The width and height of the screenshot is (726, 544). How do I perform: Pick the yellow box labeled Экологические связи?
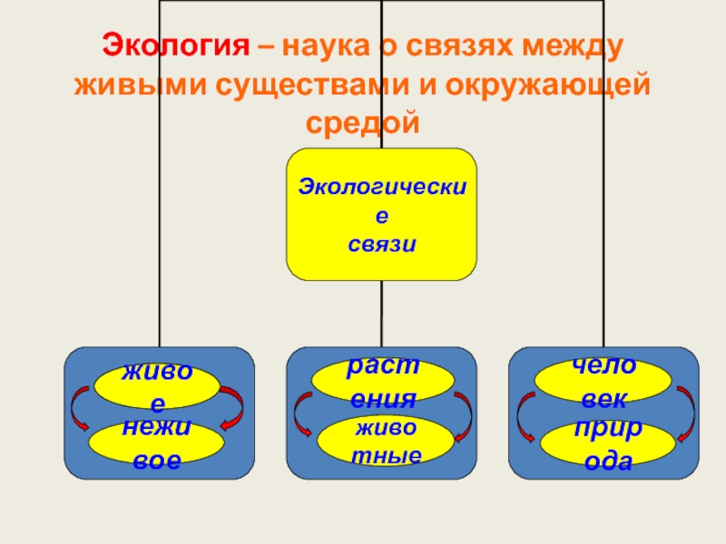(x=381, y=215)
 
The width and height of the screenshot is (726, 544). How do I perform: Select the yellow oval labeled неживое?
(x=157, y=443)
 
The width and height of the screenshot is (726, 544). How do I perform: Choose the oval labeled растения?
(x=382, y=381)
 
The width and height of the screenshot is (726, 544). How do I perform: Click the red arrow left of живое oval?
(x=79, y=409)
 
